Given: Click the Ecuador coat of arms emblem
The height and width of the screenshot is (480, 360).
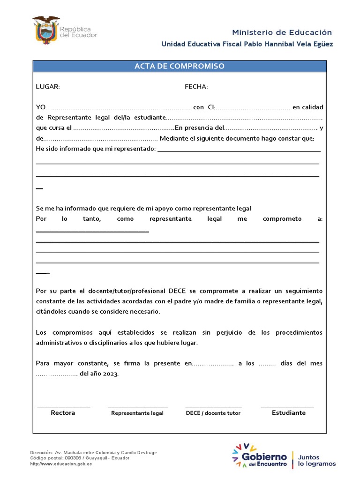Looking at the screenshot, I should pyautogui.click(x=46, y=30).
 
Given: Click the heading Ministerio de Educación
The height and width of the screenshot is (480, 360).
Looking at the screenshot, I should pyautogui.click(x=282, y=32).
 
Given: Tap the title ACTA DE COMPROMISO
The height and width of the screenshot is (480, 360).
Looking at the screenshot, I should pyautogui.click(x=180, y=66).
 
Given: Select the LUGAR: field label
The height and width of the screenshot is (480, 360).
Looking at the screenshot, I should pyautogui.click(x=48, y=87).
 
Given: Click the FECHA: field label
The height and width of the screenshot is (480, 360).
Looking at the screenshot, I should pyautogui.click(x=196, y=87).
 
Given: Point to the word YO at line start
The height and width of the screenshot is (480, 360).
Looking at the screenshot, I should pyautogui.click(x=41, y=107).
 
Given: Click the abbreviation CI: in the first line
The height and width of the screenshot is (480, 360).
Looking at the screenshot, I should pyautogui.click(x=211, y=107).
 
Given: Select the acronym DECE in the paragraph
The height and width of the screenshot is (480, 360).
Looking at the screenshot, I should pyautogui.click(x=177, y=291).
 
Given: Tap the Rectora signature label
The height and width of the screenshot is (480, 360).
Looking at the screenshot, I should pyautogui.click(x=63, y=413).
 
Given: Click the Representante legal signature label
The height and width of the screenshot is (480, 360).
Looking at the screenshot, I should pyautogui.click(x=137, y=413).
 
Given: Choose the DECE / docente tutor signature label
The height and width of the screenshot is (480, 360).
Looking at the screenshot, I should pyautogui.click(x=213, y=413).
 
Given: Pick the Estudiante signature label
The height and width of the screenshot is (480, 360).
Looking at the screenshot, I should pyautogui.click(x=288, y=413).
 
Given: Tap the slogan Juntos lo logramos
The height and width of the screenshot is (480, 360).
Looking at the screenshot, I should pyautogui.click(x=317, y=459).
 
